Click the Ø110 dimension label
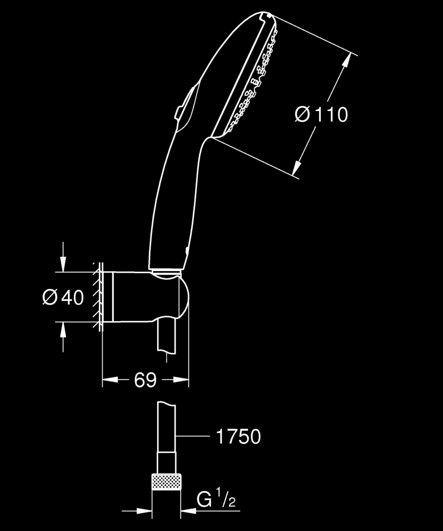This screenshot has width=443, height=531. pos(321,114)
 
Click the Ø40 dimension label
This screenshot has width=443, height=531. pos(63,298)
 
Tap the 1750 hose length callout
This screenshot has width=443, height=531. pos(238,437)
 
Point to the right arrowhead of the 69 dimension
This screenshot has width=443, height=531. pos(183,380)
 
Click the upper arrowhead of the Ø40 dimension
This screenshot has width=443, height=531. pos(63,266)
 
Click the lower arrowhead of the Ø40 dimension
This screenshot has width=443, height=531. pos(63,329)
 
